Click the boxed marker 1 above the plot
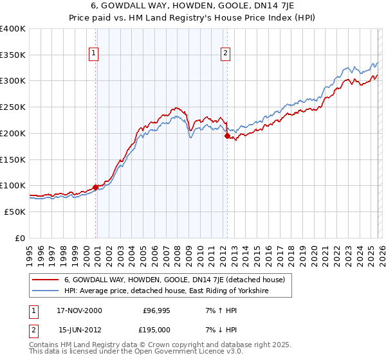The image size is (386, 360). tap(94, 54)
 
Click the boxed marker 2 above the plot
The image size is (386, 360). tap(226, 54)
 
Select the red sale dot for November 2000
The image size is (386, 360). tap(96, 187)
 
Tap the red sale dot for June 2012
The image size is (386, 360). tap(227, 136)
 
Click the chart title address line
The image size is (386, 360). tap(193, 6)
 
